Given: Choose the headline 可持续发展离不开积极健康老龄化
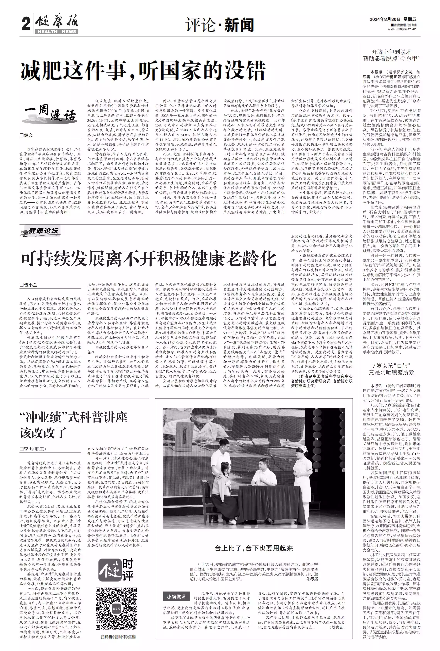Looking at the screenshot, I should [x=148, y=259].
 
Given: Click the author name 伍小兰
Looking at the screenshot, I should [x=29, y=285].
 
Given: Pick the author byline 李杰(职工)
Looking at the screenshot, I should [x=33, y=449].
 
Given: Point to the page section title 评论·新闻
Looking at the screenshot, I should [x=220, y=25].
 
